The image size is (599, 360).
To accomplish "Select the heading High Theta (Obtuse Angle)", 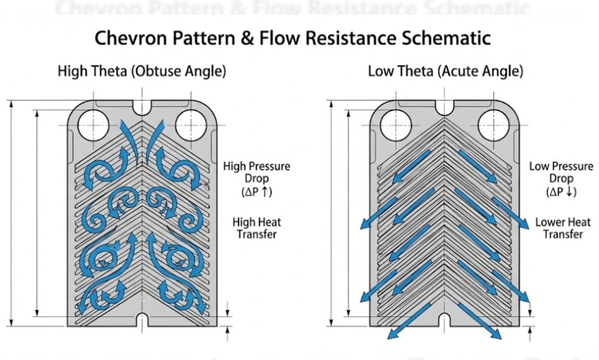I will pos(142,71).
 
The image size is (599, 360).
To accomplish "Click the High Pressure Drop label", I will pos(256,173).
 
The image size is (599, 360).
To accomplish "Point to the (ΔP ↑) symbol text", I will pos(256,192).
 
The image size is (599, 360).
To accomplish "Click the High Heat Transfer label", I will pos(256,228).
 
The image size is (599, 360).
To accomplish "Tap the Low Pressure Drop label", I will pos(561,173).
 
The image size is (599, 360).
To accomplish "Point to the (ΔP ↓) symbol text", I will pos(561,192).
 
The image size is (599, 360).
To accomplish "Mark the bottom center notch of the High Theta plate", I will pos(142,317).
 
